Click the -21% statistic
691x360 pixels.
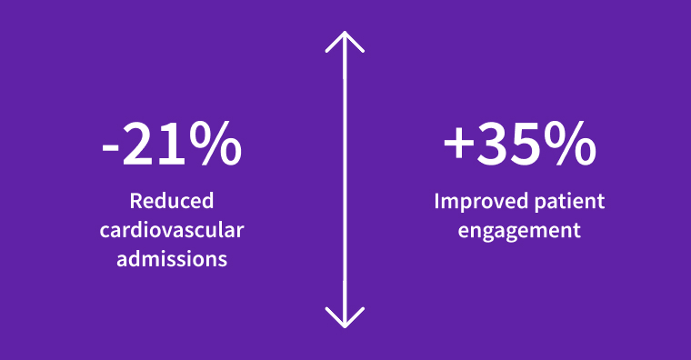172,145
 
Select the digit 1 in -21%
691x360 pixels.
173,145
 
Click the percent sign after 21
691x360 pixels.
216,145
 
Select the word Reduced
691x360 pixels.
172,201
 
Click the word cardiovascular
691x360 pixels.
172,230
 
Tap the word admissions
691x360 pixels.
172,259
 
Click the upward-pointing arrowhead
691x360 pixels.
345,41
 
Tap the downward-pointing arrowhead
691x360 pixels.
345,318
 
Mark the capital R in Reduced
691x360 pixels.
135,201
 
